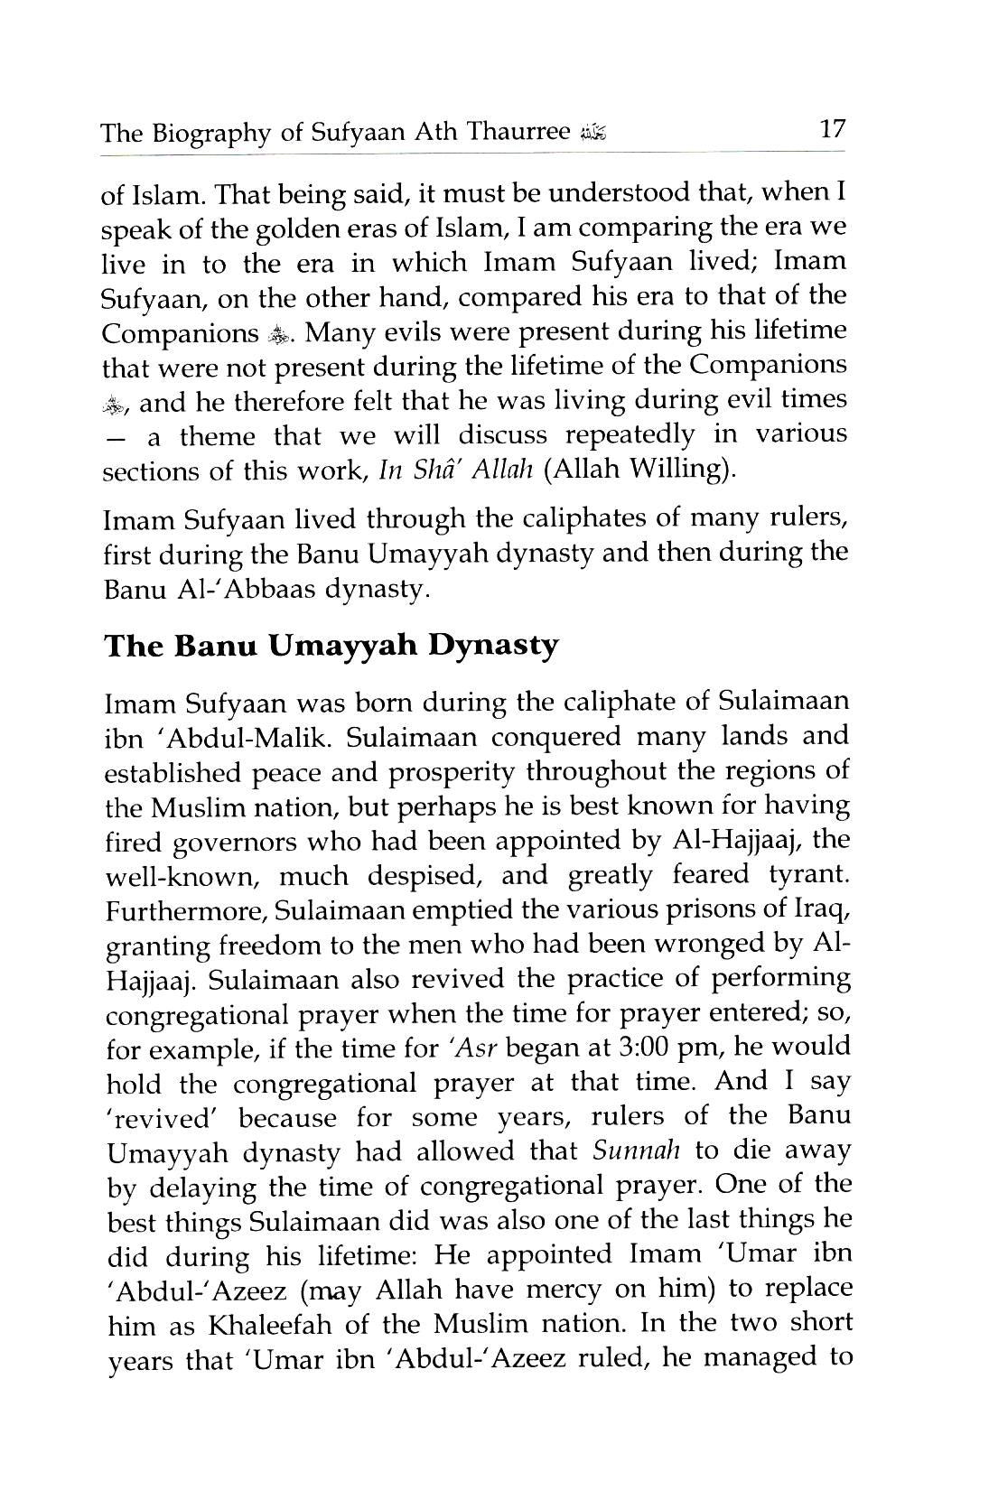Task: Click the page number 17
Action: point(831,129)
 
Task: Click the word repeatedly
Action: point(630,436)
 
